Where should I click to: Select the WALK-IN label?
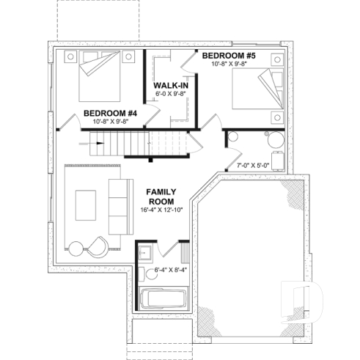click(170, 87)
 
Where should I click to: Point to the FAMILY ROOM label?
click(159, 195)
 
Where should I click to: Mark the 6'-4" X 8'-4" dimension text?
click(171, 271)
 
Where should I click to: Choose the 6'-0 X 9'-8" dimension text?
click(170, 96)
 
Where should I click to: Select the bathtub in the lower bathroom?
click(162, 300)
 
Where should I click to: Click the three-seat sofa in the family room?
click(118, 202)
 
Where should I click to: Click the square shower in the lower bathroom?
click(145, 254)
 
